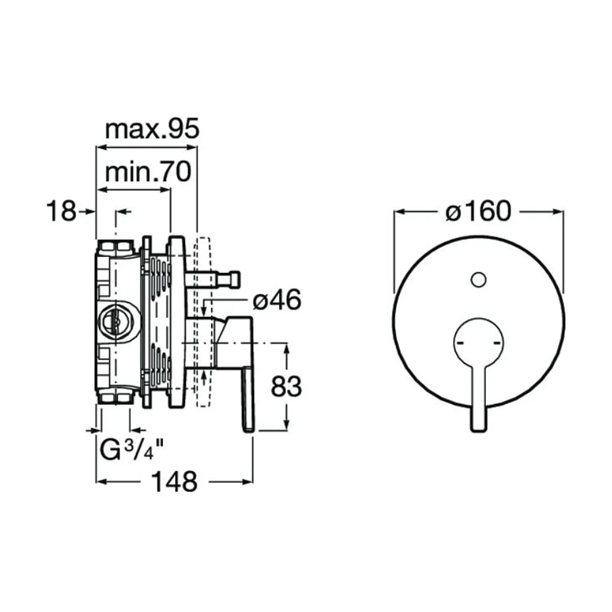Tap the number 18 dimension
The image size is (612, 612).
pyautogui.click(x=61, y=211)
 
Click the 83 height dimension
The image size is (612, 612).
pyautogui.click(x=286, y=386)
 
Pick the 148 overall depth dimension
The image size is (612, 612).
pyautogui.click(x=174, y=482)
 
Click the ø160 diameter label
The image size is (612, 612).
pyautogui.click(x=478, y=211)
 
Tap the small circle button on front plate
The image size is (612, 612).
pyautogui.click(x=479, y=280)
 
